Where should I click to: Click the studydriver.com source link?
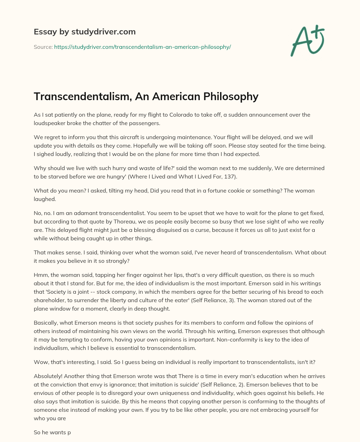point(142,47)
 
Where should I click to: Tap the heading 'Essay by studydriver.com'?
point(85,32)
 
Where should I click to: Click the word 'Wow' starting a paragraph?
point(40,362)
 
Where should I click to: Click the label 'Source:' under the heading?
point(43,47)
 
